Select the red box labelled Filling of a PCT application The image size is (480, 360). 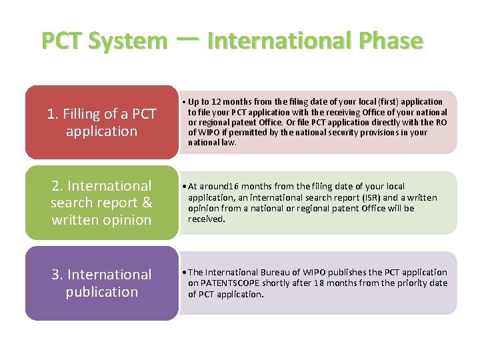[x=101, y=123]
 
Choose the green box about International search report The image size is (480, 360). [x=101, y=203]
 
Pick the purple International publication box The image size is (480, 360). [x=101, y=283]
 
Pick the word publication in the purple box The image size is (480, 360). [x=101, y=291]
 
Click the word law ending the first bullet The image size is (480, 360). [x=229, y=142]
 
